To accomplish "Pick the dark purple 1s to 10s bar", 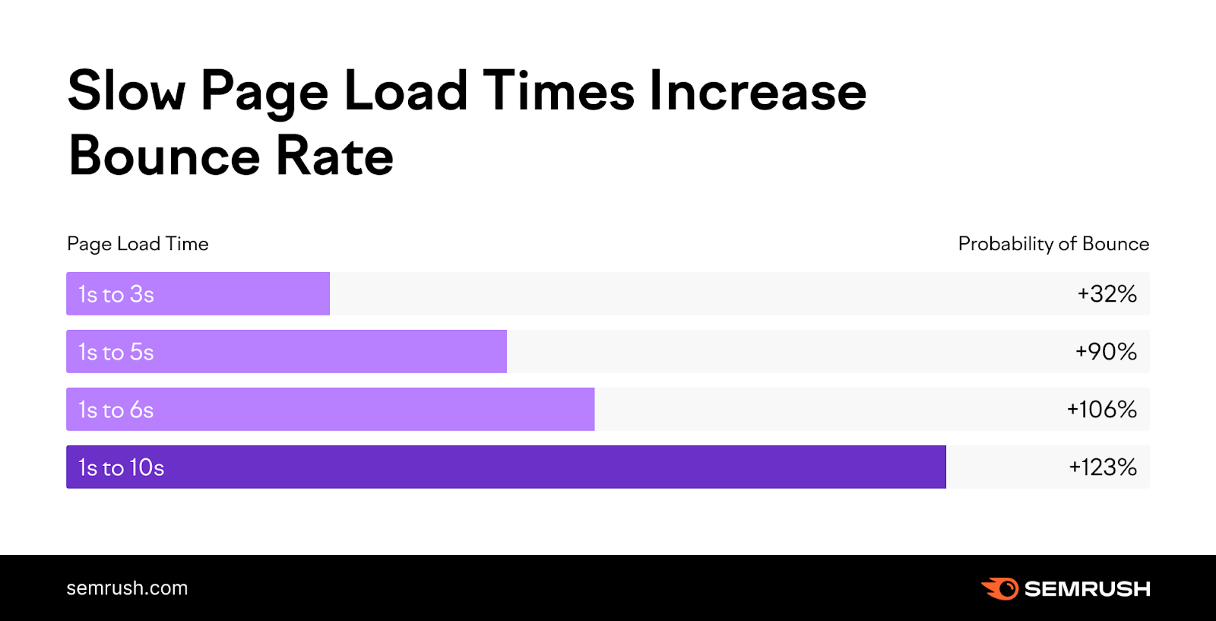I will coord(532,467).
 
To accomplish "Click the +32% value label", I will coord(1107,294).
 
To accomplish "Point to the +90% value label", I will coord(1106,352).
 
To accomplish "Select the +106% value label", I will coord(1101,410).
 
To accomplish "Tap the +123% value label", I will coord(1103,467).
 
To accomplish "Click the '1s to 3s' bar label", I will coord(116,294).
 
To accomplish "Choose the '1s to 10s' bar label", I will coord(122,467).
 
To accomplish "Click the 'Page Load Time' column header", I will coord(138,244).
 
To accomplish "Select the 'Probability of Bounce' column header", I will coord(1053,244).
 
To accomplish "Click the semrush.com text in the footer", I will coord(127,588).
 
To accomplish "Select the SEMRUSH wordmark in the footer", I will coord(1087,589).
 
